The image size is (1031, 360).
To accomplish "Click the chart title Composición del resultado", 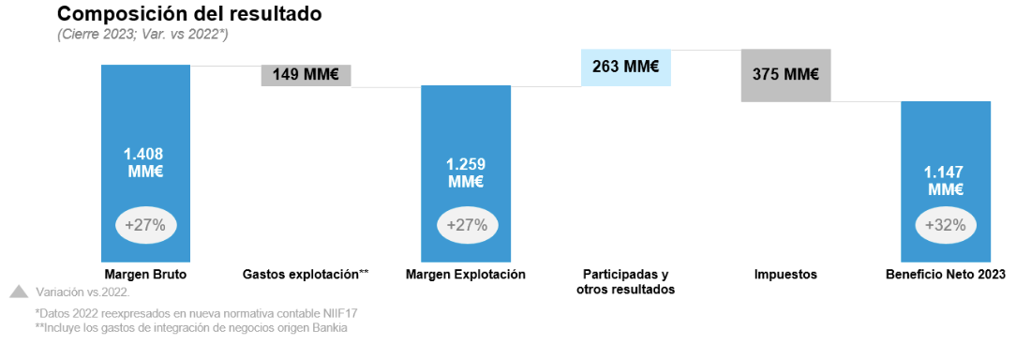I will [188, 15].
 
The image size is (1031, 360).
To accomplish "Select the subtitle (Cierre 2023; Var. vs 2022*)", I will [143, 35].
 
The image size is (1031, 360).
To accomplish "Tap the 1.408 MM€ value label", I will [145, 162].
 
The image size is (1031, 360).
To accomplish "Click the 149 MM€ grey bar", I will [306, 75].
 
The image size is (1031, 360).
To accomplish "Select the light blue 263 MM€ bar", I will [626, 67].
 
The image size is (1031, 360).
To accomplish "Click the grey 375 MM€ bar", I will [785, 75].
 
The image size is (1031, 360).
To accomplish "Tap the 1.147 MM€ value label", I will [946, 181].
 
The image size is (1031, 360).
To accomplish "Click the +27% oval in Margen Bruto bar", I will [145, 225].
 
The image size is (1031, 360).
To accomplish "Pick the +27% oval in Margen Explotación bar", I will [466, 225].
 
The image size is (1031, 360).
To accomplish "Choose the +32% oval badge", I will [946, 225].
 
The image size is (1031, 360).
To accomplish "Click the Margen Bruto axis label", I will [146, 275].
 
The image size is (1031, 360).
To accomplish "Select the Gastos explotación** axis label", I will [306, 275].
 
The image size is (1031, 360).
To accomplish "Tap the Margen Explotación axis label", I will [466, 275].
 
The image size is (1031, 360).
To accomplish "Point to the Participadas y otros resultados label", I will [626, 281].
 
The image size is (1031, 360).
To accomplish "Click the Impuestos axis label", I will [785, 275].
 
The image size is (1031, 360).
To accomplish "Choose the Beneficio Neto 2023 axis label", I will [946, 275].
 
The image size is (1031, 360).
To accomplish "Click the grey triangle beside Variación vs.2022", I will [19, 292].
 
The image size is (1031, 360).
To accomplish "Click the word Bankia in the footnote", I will [329, 328].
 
